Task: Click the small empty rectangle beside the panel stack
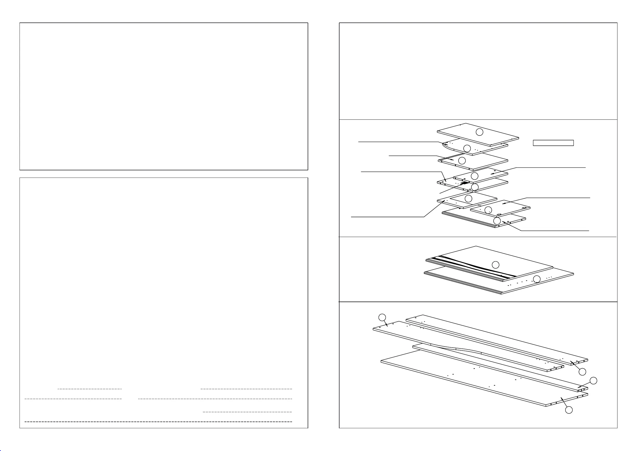553,143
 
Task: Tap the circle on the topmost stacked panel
479,132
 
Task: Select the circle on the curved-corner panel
467,148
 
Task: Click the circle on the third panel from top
462,160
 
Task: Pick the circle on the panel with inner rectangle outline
468,198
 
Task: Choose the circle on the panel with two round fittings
488,210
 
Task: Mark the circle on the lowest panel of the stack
497,221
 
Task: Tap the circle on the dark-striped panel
495,265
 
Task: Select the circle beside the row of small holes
537,279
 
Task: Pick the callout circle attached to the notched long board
382,317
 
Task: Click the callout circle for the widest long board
569,409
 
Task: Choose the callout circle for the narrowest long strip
593,381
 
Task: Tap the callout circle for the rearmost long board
582,371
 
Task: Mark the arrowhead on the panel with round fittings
504,203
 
